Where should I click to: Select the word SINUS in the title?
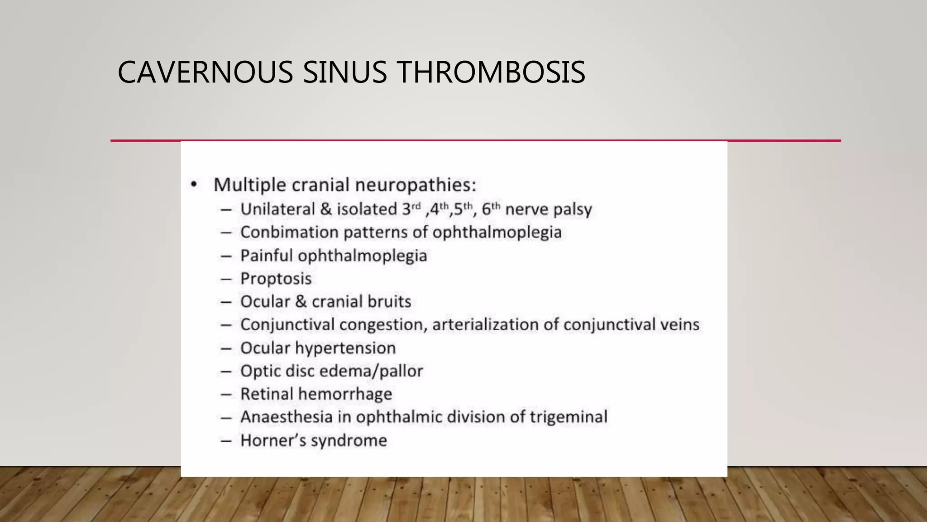345,72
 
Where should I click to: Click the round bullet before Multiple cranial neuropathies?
194,184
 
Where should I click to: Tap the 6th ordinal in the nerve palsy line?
491,209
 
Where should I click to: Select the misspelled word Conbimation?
289,232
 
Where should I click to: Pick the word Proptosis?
276,279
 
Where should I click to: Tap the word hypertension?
345,348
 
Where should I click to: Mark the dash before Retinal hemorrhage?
226,394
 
